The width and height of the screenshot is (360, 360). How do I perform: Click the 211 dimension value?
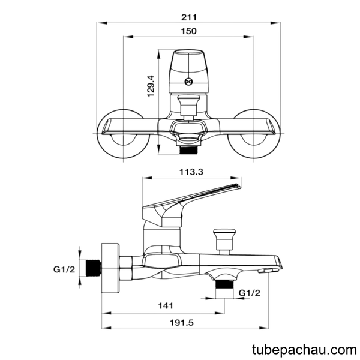coord(189,17)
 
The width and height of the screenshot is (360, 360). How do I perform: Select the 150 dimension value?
coord(189,31)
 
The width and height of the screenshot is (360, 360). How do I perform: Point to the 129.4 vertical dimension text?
coord(151,86)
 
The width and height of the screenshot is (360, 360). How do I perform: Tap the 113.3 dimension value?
coord(191,172)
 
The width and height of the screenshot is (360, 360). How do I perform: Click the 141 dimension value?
coord(166,306)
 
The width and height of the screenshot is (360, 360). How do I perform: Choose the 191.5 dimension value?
coord(182,323)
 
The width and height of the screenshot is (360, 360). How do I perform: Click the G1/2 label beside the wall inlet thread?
coord(64,269)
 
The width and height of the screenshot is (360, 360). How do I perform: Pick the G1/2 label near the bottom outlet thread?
coord(250,293)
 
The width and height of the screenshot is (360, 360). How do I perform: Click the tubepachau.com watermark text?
coord(304,350)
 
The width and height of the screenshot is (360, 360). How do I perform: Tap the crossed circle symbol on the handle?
coord(188,82)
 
